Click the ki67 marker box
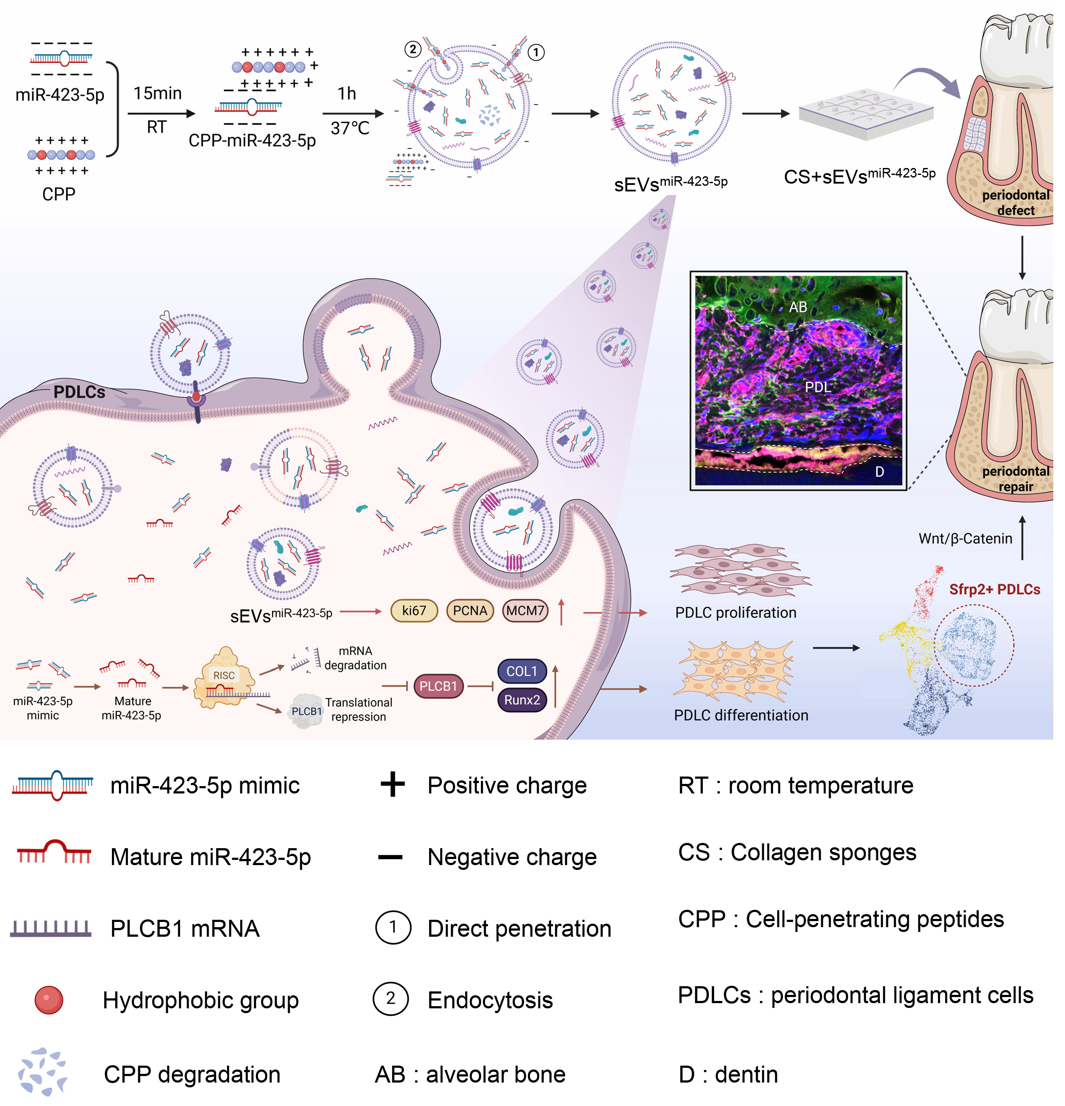point(414,611)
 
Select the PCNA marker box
point(470,611)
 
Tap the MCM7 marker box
point(525,611)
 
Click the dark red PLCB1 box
point(438,686)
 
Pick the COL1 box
point(522,671)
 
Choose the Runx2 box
point(522,700)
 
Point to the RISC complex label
point(224,675)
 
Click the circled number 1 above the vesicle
point(536,53)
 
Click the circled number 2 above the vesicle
point(413,49)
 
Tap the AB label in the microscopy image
point(798,307)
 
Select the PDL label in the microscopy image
point(818,387)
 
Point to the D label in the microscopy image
point(879,472)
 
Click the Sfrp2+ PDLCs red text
point(994,589)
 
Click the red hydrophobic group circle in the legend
point(49,1001)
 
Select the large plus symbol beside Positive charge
point(393,785)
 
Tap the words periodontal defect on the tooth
point(1016,203)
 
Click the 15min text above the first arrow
point(157,93)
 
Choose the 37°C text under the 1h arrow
point(350,128)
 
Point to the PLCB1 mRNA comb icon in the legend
point(51,928)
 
